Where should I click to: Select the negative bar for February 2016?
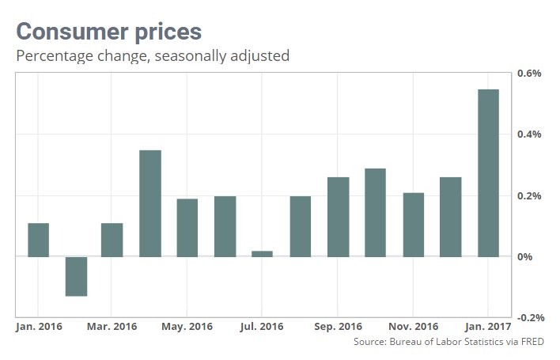click(x=76, y=276)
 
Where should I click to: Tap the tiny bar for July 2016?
click(x=262, y=254)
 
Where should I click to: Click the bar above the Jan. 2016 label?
click(x=38, y=240)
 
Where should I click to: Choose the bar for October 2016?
click(x=375, y=212)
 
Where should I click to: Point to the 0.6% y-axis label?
click(x=528, y=74)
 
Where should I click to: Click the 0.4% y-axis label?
click(x=528, y=135)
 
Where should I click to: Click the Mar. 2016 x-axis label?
click(x=112, y=326)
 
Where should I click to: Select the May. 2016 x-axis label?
click(x=187, y=326)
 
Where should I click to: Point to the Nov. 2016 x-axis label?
click(x=414, y=326)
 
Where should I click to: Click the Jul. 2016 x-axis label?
click(x=261, y=326)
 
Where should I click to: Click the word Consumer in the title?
click(x=65, y=32)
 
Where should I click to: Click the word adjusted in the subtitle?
click(x=261, y=56)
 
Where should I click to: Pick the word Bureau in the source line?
click(x=401, y=342)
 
